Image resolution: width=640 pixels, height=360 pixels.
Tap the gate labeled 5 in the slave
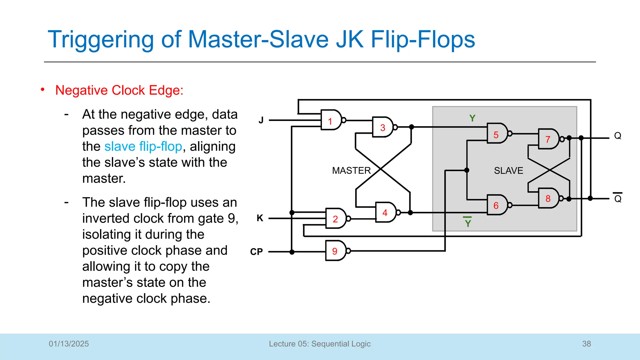pyautogui.click(x=497, y=134)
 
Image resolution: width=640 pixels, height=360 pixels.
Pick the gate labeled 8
pyautogui.click(x=549, y=198)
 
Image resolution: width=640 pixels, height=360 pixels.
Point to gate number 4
pyautogui.click(x=386, y=212)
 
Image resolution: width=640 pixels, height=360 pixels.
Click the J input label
pyautogui.click(x=261, y=120)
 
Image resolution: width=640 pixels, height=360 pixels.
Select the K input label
pyautogui.click(x=260, y=218)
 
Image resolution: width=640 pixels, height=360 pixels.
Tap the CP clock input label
pyautogui.click(x=257, y=252)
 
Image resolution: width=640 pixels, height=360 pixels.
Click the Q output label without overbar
pyautogui.click(x=617, y=136)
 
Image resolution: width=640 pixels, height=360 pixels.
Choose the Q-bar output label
pyautogui.click(x=617, y=198)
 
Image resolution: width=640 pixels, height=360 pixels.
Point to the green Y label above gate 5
pyautogui.click(x=472, y=118)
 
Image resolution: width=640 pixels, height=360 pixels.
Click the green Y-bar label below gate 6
pyautogui.click(x=467, y=222)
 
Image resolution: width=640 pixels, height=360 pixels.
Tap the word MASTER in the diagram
pyautogui.click(x=351, y=171)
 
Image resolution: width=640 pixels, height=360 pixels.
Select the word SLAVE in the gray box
pyautogui.click(x=508, y=171)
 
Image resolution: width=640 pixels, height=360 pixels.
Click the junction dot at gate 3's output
pyautogui.click(x=412, y=127)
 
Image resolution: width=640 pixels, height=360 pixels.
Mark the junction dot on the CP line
pyautogui.click(x=292, y=252)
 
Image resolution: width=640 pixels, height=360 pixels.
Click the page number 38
pyautogui.click(x=586, y=344)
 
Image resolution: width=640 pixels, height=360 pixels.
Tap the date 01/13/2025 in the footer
pyautogui.click(x=69, y=344)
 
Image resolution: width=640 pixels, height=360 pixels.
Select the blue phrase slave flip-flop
pyautogui.click(x=143, y=147)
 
